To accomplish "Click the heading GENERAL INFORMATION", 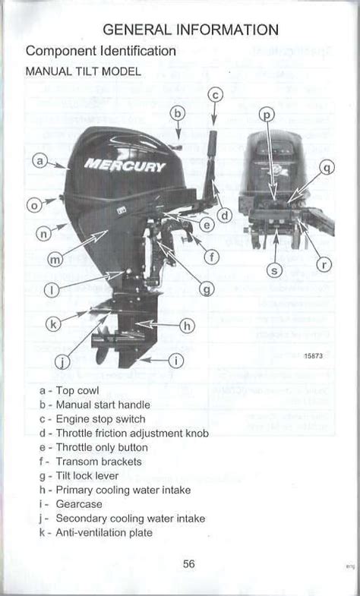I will (x=191, y=30).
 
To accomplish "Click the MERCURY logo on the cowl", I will (x=125, y=165).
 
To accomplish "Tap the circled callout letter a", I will (x=41, y=161).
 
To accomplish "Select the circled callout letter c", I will (x=215, y=95).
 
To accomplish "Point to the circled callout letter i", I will (x=175, y=361).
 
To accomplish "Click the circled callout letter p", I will (x=267, y=115).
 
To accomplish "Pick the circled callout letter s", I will (x=275, y=270).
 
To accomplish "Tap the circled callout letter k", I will (x=53, y=324).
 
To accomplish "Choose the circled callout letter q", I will (x=327, y=168).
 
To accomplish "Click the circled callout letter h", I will (x=187, y=326).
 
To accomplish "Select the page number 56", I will (x=190, y=563).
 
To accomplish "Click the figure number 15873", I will (x=314, y=357).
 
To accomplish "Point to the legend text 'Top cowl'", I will (x=78, y=390).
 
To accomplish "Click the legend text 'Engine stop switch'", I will (x=100, y=419).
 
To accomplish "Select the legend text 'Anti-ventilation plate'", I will (x=104, y=533).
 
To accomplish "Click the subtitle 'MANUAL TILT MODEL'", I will (x=84, y=71).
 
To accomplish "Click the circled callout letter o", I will (x=33, y=205).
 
